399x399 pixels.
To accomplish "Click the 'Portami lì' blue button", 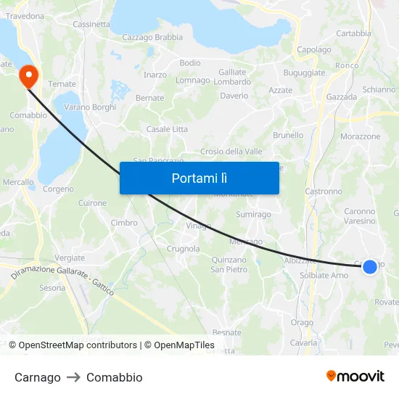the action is click(199, 178).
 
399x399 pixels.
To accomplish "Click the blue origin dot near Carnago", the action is click(369, 267).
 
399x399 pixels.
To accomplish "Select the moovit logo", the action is click(355, 376).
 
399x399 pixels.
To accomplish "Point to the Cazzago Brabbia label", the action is click(152, 38).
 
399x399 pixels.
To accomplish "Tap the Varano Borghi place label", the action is click(90, 107).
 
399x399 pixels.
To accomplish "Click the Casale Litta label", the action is click(167, 129).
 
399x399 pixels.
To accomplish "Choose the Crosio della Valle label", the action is click(231, 152).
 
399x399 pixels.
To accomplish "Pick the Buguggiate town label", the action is click(304, 73).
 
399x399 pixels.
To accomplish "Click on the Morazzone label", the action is click(360, 136).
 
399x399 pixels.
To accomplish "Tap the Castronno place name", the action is click(324, 192).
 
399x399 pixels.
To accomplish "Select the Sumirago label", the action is click(253, 215).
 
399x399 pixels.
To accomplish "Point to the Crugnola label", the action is click(184, 249).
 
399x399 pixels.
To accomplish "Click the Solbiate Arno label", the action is click(324, 276).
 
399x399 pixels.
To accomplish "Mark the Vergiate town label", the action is click(70, 258).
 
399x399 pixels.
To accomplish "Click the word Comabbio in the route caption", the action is click(114, 377).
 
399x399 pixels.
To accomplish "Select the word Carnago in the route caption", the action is click(38, 377).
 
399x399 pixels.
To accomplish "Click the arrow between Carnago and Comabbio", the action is click(73, 377).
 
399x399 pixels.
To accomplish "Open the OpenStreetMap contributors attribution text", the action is click(78, 345).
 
